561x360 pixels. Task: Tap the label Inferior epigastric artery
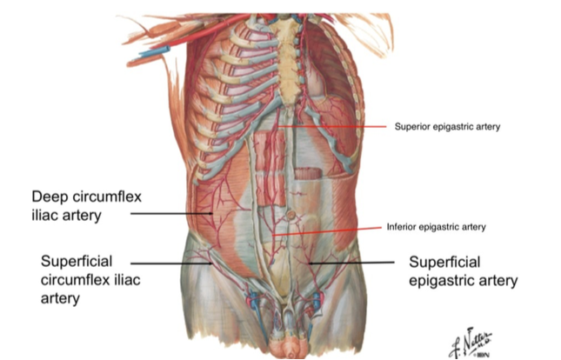436,228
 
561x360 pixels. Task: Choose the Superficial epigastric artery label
463,270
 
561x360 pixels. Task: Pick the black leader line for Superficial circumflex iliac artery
174,262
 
